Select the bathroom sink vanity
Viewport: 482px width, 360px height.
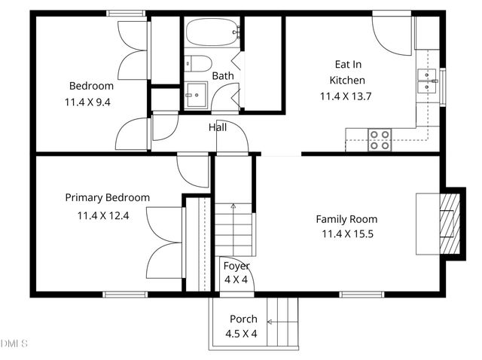coord(197,95)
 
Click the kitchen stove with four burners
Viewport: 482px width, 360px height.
coord(379,139)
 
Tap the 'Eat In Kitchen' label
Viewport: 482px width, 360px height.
coord(347,72)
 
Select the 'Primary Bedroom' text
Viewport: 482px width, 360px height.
coord(107,197)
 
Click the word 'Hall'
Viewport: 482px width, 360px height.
coord(218,127)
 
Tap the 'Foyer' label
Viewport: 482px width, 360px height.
coord(236,266)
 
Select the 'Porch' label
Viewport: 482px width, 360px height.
coord(243,319)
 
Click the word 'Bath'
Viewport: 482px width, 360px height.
coord(222,76)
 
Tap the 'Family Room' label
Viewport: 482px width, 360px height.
coord(346,219)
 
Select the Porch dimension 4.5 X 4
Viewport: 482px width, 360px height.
coord(241,333)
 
